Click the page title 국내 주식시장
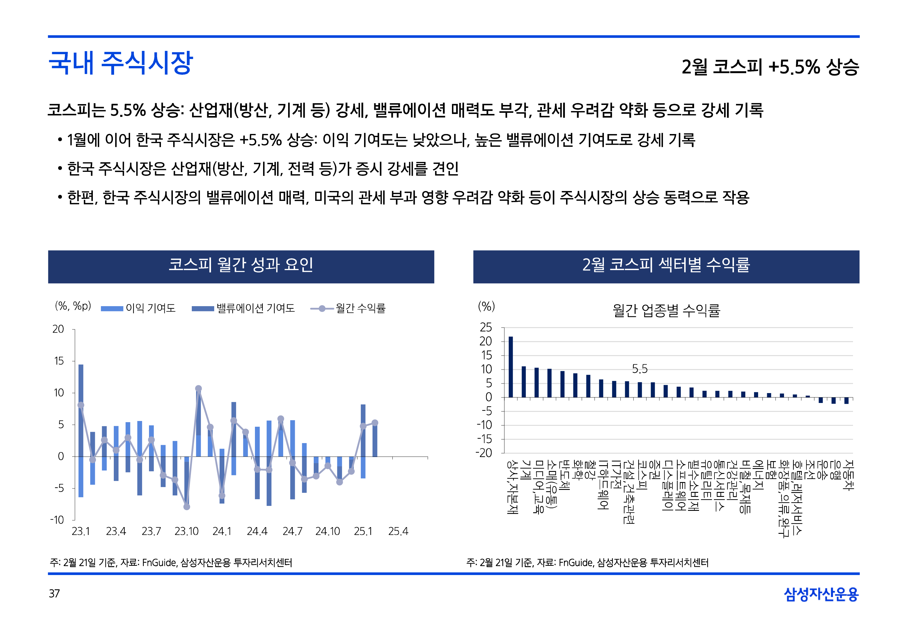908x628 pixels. click(120, 63)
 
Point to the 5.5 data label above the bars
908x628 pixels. click(639, 369)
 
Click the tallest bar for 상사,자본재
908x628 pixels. click(511, 367)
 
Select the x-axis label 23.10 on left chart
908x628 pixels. click(186, 531)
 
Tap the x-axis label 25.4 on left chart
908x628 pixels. click(398, 531)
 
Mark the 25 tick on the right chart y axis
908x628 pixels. click(486, 327)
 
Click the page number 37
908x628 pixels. click(54, 593)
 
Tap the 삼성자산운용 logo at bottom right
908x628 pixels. click(821, 594)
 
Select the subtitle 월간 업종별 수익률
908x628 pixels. click(666, 311)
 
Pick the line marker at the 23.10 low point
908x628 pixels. click(187, 507)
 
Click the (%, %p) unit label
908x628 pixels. click(73, 306)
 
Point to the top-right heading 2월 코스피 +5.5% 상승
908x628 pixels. click(770, 67)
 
